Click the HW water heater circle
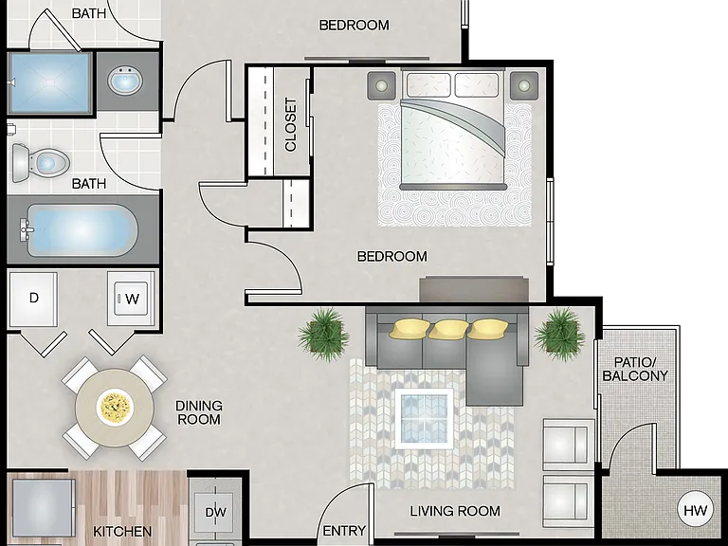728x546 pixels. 695,510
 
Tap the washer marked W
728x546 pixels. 131,299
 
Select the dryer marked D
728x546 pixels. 33,299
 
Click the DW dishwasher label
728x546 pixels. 216,512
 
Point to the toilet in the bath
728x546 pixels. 41,162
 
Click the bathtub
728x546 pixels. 80,230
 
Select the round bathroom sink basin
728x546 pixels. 125,81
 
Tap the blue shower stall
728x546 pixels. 50,82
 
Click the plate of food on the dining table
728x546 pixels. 115,408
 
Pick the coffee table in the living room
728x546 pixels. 424,418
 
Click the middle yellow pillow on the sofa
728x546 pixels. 448,329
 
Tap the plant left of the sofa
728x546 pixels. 323,335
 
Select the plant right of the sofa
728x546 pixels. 559,335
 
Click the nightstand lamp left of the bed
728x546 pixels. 382,85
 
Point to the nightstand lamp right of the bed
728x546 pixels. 524,85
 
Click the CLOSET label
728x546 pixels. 291,124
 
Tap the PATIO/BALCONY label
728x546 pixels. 635,369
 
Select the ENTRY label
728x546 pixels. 344,531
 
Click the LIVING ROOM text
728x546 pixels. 455,511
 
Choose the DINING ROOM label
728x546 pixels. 199,412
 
